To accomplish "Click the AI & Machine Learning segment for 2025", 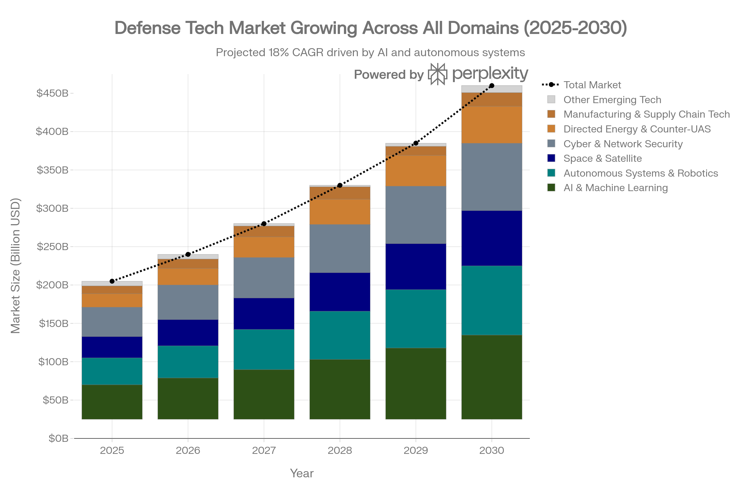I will (112, 402).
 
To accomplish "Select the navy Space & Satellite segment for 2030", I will (492, 238).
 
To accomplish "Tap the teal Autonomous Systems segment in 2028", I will (340, 335).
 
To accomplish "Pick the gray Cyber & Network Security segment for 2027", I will (264, 278).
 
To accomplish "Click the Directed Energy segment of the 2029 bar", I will (416, 170).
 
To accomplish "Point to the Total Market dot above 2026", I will (188, 254).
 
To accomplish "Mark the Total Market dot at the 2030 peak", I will (492, 86).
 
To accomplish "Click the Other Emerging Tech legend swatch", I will (551, 99).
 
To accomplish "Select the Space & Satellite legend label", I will (602, 158).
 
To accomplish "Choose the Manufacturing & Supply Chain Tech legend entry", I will (646, 114).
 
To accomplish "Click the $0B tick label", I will (58, 438).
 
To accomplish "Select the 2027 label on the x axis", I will (264, 450).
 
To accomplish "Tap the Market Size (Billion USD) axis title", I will (15, 266).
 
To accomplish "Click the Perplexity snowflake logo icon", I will (437, 74).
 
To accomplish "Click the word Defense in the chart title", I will (148, 28).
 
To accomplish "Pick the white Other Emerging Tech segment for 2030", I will (492, 89).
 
